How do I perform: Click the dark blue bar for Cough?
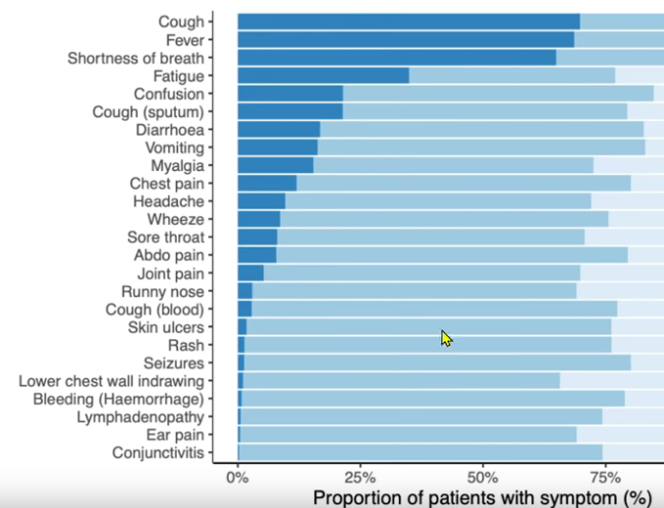[x=409, y=22]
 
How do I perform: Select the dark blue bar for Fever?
[x=406, y=39]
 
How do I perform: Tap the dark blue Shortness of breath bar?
[x=397, y=58]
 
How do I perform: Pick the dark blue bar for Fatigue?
[x=323, y=76]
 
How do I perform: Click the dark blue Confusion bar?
[x=290, y=93]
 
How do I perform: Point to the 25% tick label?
[x=360, y=477]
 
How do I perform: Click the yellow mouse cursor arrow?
[x=446, y=338]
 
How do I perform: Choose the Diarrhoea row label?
[x=169, y=130]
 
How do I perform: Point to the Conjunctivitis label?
[x=158, y=453]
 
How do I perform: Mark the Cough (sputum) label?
[x=148, y=111]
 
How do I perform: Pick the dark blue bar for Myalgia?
[x=275, y=165]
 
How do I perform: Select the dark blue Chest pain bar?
[x=267, y=184]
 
